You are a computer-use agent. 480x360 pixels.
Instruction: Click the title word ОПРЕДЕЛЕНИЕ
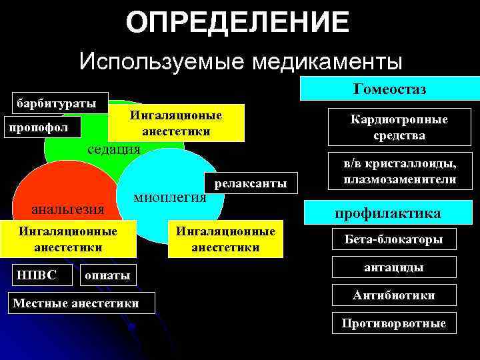point(237,22)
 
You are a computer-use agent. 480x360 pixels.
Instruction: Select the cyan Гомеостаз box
point(391,89)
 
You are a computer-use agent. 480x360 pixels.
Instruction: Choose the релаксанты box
point(250,183)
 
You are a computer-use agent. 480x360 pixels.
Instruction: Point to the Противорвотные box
point(393,323)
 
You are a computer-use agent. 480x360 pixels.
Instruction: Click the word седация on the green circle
point(115,148)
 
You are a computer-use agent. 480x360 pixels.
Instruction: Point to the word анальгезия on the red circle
point(69,209)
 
